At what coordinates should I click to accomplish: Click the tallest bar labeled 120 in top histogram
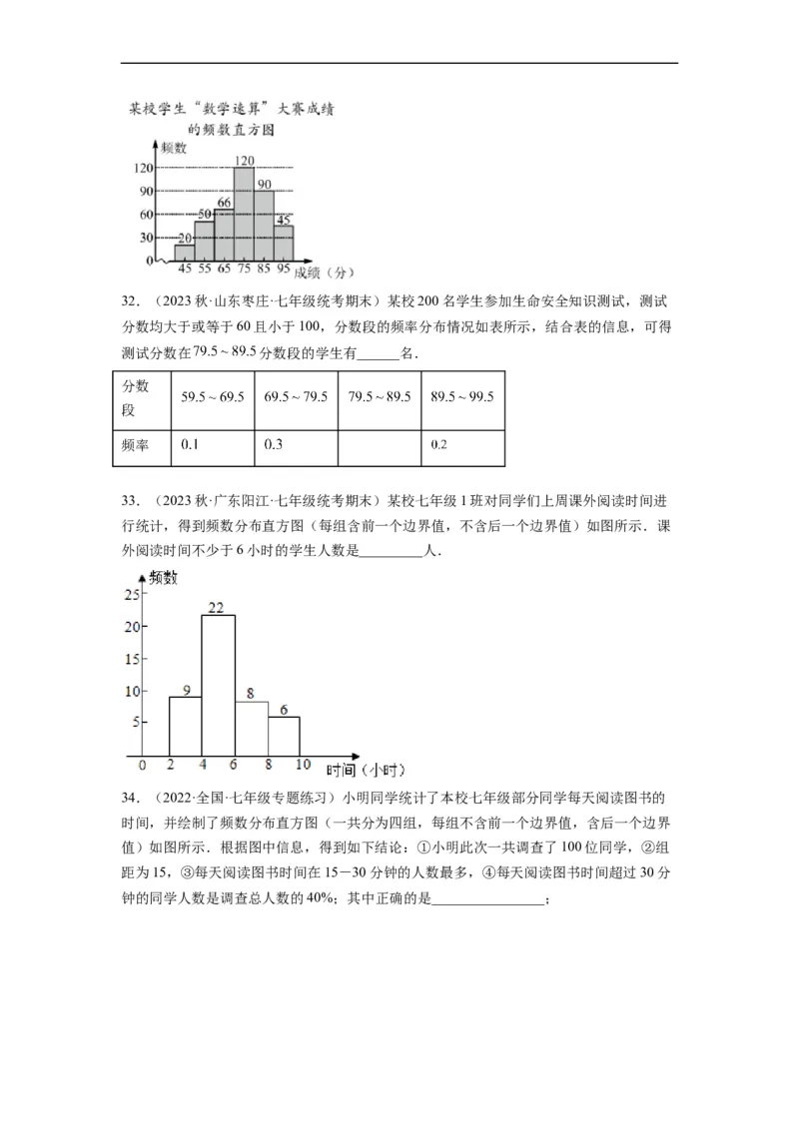[x=244, y=215]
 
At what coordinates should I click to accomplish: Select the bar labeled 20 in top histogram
[x=185, y=253]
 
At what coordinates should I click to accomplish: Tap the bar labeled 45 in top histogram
[x=284, y=244]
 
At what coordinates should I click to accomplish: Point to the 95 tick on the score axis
[x=284, y=270]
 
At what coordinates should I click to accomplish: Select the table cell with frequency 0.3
[x=297, y=444]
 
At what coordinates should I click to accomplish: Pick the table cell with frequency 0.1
[x=213, y=444]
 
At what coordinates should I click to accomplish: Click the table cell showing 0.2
[x=462, y=444]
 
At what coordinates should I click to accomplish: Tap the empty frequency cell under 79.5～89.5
[x=380, y=444]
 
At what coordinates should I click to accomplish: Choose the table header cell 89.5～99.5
[x=462, y=397]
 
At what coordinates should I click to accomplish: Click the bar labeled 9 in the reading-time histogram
[x=185, y=726]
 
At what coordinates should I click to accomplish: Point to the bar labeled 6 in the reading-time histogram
[x=284, y=736]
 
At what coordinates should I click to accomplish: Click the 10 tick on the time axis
[x=302, y=766]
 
